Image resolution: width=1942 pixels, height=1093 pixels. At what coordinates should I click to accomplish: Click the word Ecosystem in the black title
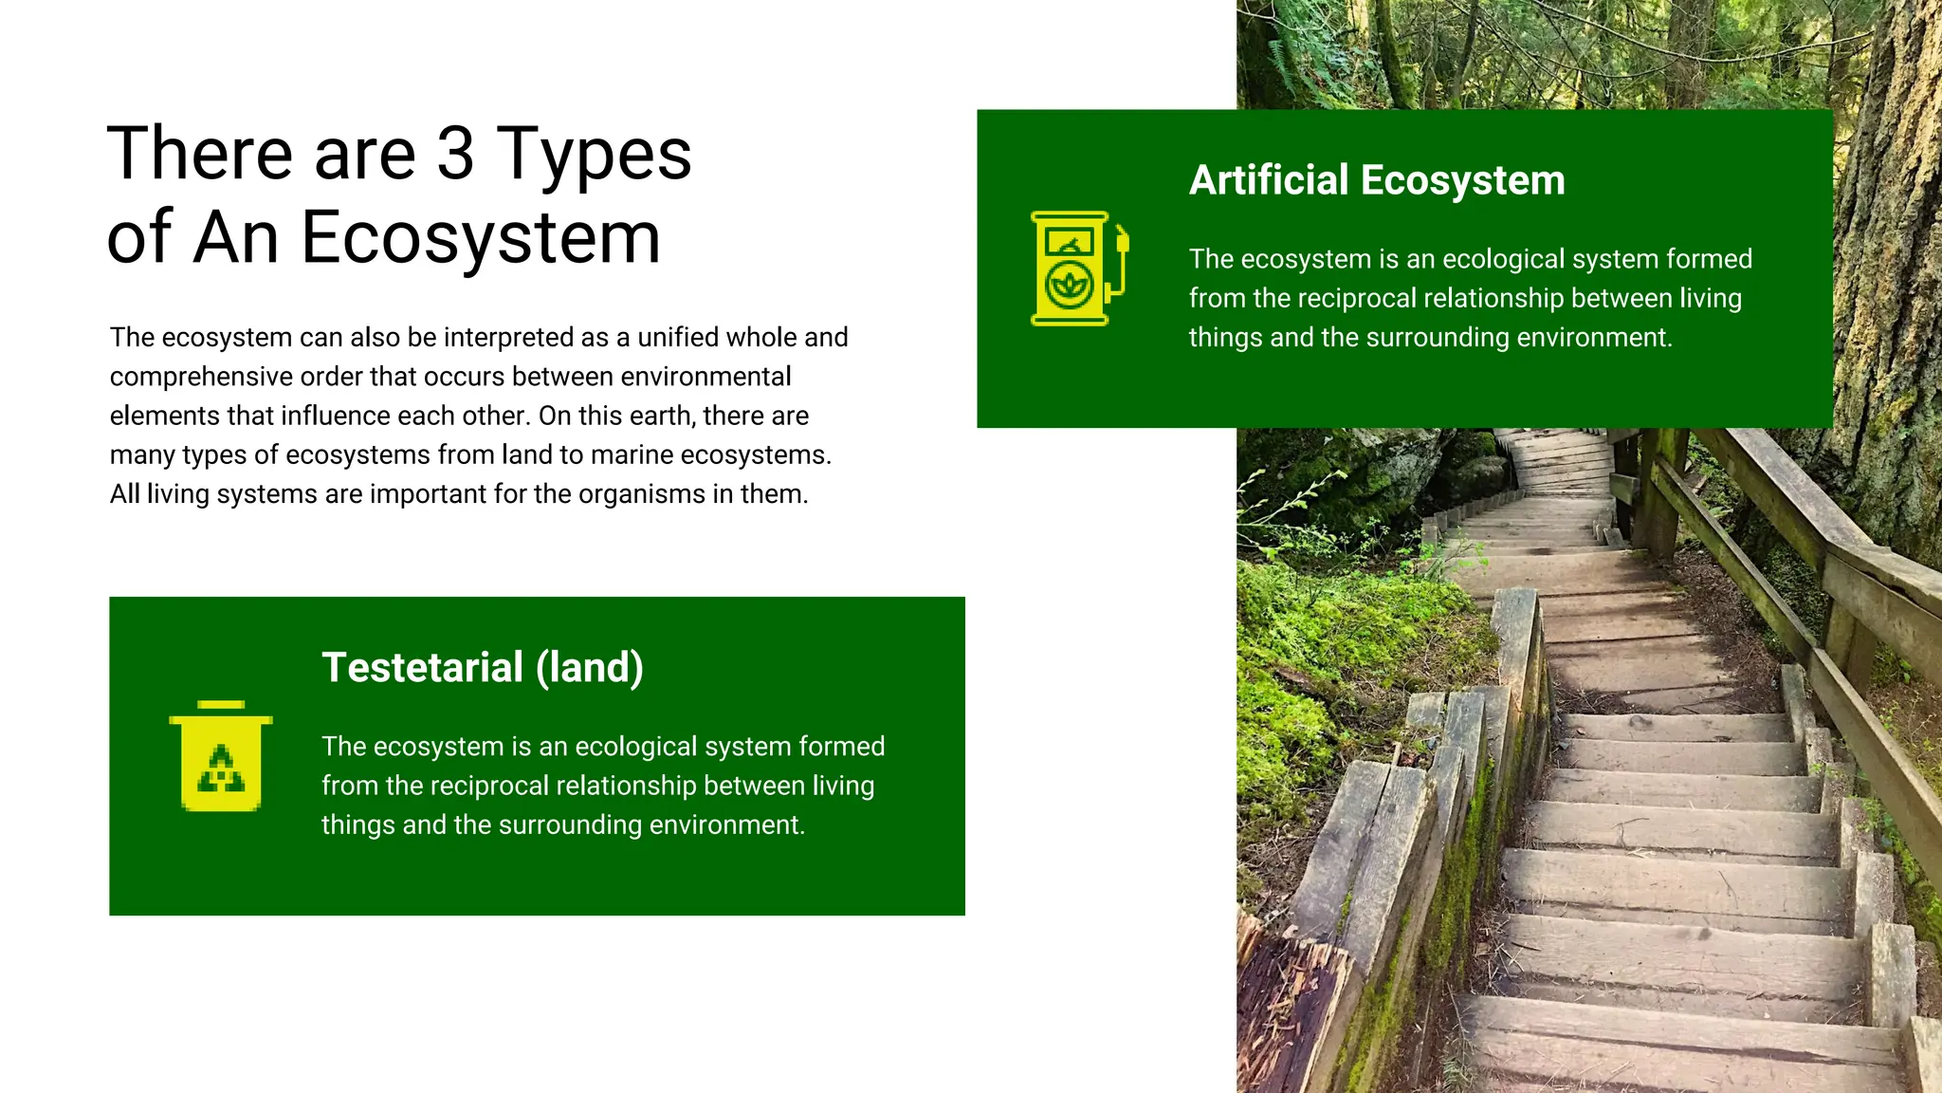click(480, 239)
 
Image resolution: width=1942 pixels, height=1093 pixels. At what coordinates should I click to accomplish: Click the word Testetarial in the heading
click(422, 668)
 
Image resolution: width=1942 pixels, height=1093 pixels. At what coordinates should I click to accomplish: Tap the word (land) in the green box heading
click(590, 668)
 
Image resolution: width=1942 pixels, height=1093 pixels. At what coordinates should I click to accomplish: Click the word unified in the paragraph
click(682, 338)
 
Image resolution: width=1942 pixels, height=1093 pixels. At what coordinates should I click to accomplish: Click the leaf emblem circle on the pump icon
click(1069, 285)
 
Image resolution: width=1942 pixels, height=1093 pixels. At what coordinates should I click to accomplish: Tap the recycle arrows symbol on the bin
click(221, 770)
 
